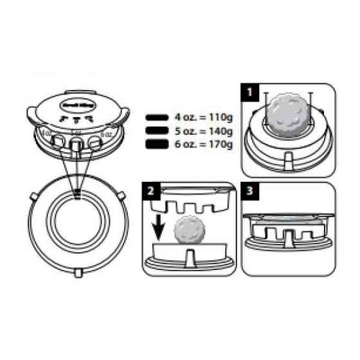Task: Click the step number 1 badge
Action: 249,92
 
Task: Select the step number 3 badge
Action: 249,191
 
